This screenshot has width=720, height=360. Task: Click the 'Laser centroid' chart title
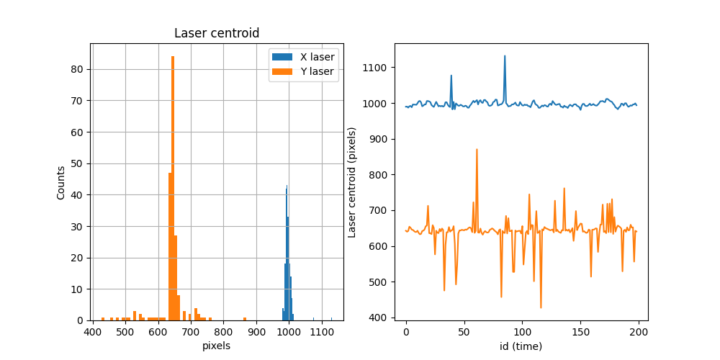217,33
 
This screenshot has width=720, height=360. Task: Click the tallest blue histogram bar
287,252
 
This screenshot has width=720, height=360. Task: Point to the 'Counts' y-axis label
61,182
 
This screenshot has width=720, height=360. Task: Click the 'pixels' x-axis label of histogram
217,346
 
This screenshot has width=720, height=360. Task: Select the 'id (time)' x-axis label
521,346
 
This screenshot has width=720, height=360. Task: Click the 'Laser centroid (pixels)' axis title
352,182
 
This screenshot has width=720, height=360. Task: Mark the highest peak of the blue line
505,56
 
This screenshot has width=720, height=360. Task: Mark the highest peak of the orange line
477,150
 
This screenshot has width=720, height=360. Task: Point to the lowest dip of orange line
541,307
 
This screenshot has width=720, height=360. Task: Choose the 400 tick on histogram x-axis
93,333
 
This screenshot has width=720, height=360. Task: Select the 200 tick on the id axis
639,333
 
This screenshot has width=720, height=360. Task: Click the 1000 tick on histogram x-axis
289,333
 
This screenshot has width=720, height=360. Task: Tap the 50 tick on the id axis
464,333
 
